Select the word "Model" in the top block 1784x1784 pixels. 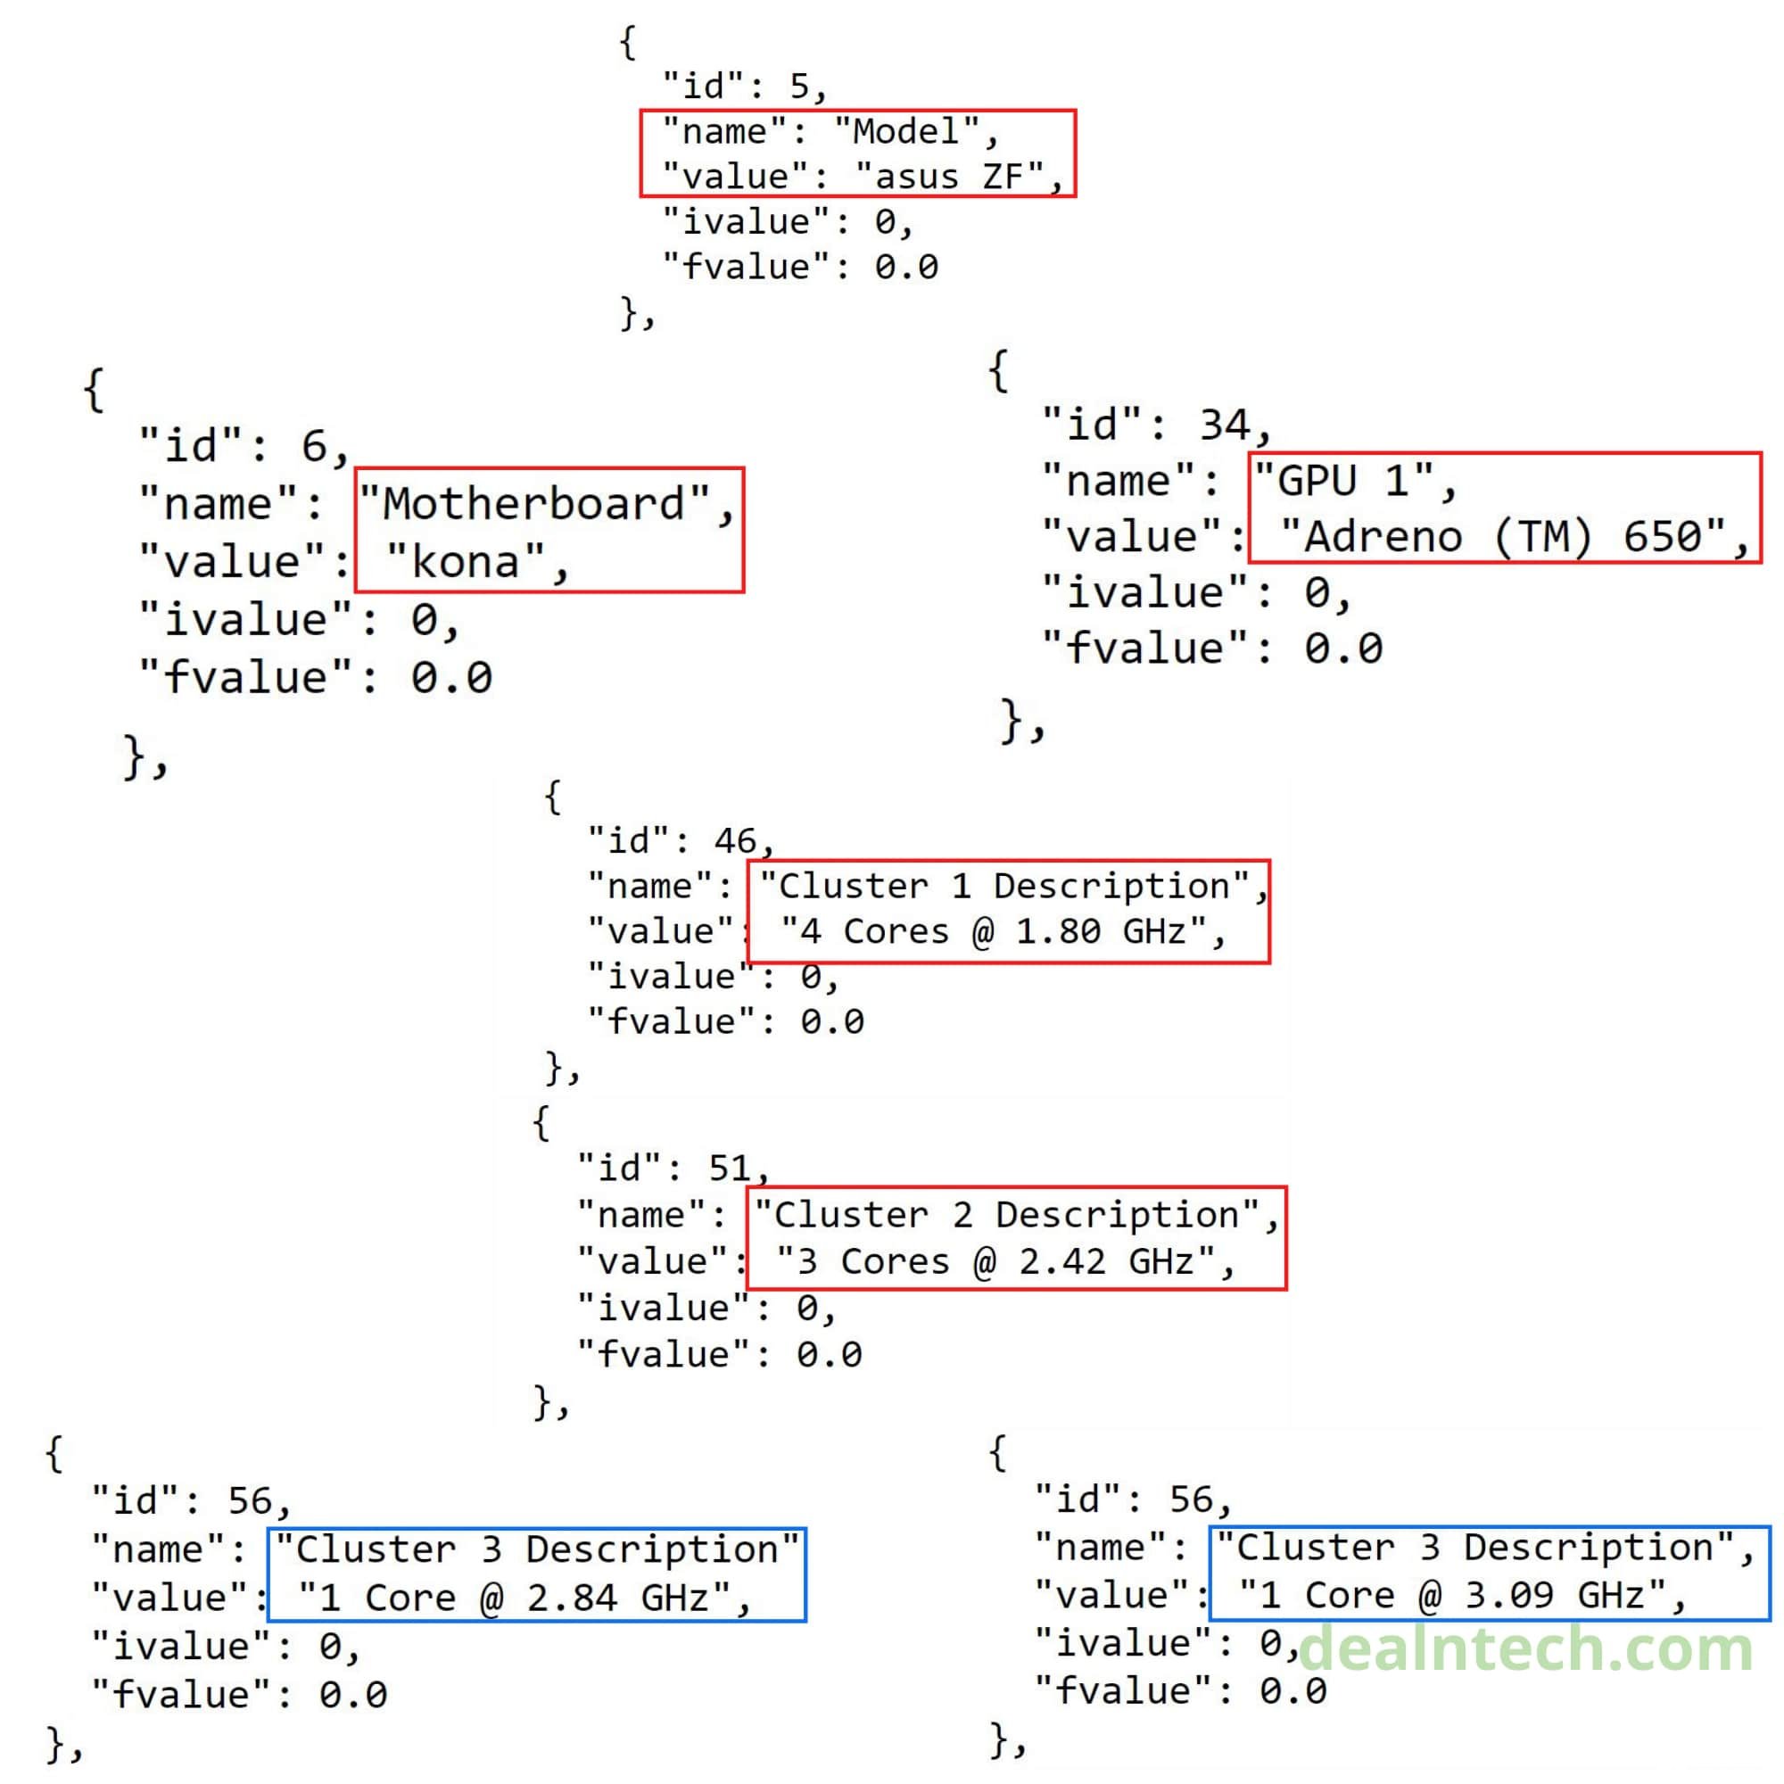click(904, 131)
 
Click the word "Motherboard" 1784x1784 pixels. click(533, 504)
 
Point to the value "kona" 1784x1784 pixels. click(466, 561)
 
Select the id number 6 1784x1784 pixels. click(314, 446)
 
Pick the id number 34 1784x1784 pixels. click(1224, 425)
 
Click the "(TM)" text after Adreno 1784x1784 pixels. click(1543, 536)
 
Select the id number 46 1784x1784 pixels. click(735, 840)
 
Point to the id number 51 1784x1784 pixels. click(730, 1169)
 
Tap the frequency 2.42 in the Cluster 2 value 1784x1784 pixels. click(1061, 1261)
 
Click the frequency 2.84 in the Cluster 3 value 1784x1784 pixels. click(572, 1598)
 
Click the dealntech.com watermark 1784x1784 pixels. click(1525, 1648)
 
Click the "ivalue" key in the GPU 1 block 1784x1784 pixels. click(1147, 592)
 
